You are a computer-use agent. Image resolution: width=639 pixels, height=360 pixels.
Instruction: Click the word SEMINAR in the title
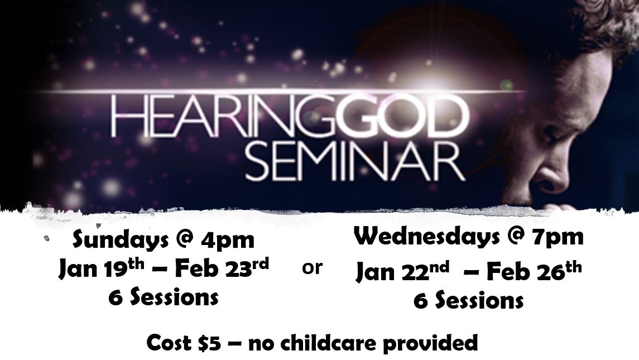[355, 160]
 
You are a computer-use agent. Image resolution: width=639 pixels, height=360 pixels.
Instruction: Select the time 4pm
[227, 241]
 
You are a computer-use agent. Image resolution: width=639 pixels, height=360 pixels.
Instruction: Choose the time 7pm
[558, 237]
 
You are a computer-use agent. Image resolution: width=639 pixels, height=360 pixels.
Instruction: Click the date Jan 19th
[101, 268]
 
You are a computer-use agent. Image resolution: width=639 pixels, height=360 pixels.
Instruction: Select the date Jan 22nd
[402, 271]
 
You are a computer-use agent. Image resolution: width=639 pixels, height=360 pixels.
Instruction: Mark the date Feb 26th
[534, 271]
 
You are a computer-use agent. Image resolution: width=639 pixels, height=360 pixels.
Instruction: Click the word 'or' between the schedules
[313, 268]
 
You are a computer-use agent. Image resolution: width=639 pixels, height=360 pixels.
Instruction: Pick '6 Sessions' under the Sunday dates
[164, 297]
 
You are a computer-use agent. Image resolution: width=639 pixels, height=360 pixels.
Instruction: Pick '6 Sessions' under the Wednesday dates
[468, 301]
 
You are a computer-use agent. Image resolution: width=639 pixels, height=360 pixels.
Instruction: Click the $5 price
[209, 343]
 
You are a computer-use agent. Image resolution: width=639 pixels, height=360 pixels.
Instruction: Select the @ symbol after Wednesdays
[510, 237]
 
